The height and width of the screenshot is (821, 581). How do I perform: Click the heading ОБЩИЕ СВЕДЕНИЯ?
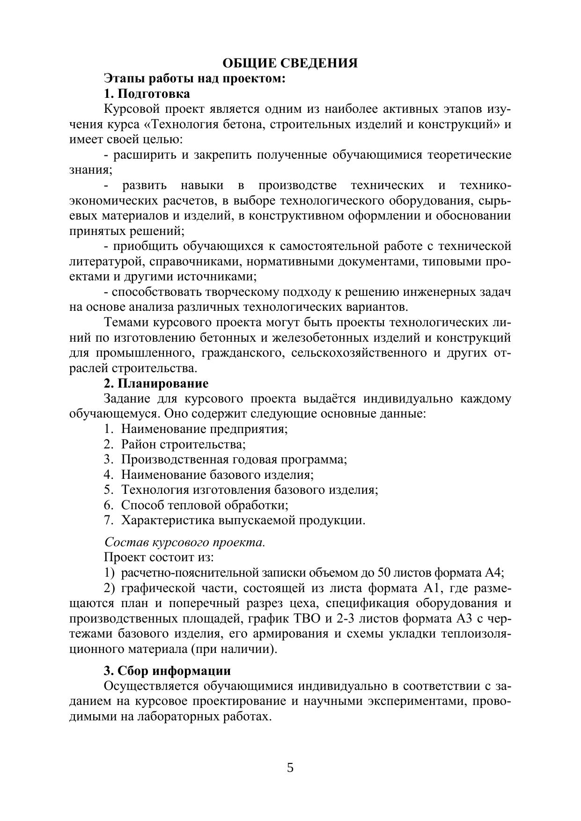pyautogui.click(x=290, y=63)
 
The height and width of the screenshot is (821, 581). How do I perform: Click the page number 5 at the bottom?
pyautogui.click(x=290, y=768)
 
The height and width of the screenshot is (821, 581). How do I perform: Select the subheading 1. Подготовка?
pyautogui.click(x=147, y=94)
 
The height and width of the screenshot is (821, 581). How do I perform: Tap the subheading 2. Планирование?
pyautogui.click(x=156, y=383)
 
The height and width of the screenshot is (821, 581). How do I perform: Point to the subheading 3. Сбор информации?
pyautogui.click(x=167, y=671)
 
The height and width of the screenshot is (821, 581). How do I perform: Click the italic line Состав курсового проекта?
pyautogui.click(x=184, y=542)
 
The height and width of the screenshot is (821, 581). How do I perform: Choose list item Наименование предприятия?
pyautogui.click(x=204, y=429)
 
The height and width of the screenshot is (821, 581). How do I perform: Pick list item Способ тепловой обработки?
pyautogui.click(x=205, y=505)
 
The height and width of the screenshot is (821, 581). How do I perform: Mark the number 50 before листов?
pyautogui.click(x=385, y=572)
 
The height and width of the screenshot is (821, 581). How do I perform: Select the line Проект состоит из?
pyautogui.click(x=159, y=557)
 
